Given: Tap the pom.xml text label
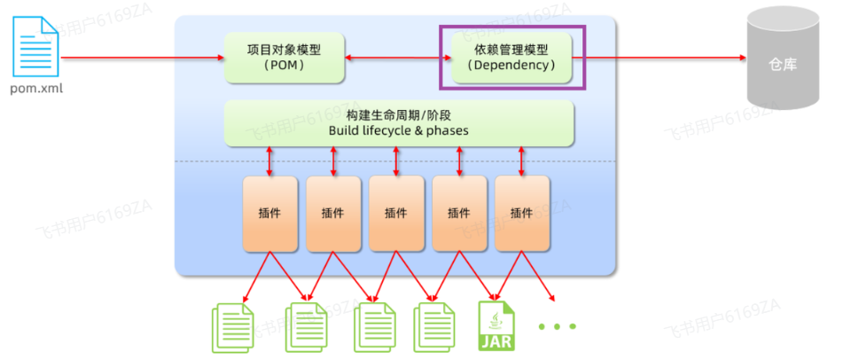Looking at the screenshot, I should tap(36, 89).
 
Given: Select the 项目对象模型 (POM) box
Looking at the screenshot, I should tap(284, 58).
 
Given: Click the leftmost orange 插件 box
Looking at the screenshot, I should tap(270, 213).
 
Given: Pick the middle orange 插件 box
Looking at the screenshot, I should tap(396, 213).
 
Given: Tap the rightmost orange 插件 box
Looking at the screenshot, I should tap(522, 213).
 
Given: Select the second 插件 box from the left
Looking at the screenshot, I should tap(333, 213).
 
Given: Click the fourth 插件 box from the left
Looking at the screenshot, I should tap(459, 213).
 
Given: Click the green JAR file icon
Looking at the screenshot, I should tap(497, 325).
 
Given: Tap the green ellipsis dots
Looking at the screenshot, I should tap(558, 326).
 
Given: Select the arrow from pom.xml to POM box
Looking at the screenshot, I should tap(142, 58).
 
